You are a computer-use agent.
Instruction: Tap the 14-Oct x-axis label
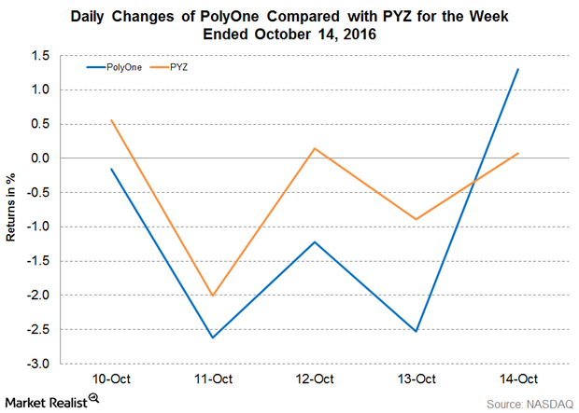(x=517, y=379)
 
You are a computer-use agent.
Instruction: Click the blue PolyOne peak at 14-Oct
(x=517, y=69)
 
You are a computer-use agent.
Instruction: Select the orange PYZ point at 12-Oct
(x=316, y=148)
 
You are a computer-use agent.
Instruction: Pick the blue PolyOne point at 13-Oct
(x=417, y=331)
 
